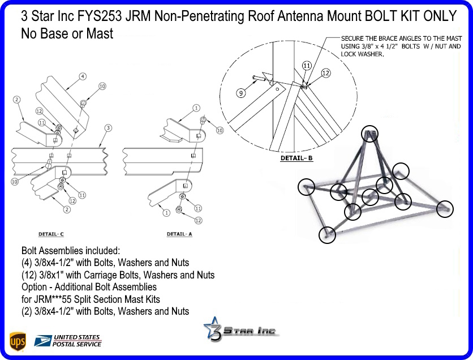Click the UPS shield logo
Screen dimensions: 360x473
pos(18,341)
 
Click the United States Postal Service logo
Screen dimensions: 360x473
pos(68,340)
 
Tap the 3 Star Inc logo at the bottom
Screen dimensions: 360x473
pos(241,330)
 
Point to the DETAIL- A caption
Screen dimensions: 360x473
pos(179,233)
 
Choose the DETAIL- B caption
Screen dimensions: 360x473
pos(296,158)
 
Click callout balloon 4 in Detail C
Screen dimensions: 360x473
pos(83,76)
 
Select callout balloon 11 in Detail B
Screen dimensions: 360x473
pos(307,66)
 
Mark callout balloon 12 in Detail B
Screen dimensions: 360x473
pos(325,73)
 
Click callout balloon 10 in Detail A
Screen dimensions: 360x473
pos(220,130)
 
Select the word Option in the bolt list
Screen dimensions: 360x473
pos(35,287)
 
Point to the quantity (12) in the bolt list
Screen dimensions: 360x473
pos(29,275)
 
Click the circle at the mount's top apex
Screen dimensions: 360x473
pos(369,134)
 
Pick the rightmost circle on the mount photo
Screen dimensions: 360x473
pos(445,209)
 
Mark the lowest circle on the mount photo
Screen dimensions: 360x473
pos(327,234)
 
